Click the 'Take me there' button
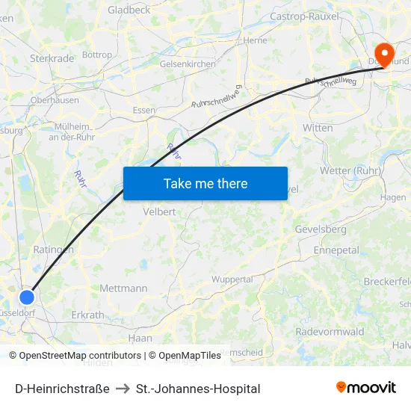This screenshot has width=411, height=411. [205, 183]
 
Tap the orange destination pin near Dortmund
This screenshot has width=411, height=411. [385, 53]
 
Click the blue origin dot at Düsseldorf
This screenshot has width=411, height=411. [27, 297]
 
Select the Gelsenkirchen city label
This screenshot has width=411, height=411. [188, 64]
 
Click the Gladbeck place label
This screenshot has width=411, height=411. [129, 10]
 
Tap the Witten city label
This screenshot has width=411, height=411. [318, 128]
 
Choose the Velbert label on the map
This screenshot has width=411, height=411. [159, 211]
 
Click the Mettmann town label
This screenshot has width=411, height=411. [123, 288]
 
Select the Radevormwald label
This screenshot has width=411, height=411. [330, 331]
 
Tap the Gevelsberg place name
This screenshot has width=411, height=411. [321, 229]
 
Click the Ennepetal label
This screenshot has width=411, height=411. [336, 250]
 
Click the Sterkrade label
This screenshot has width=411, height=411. [52, 58]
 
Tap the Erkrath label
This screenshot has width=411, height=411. [87, 315]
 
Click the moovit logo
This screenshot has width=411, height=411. [366, 388]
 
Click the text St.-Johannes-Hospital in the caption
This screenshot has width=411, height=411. [198, 389]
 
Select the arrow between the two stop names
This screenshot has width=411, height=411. [123, 389]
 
